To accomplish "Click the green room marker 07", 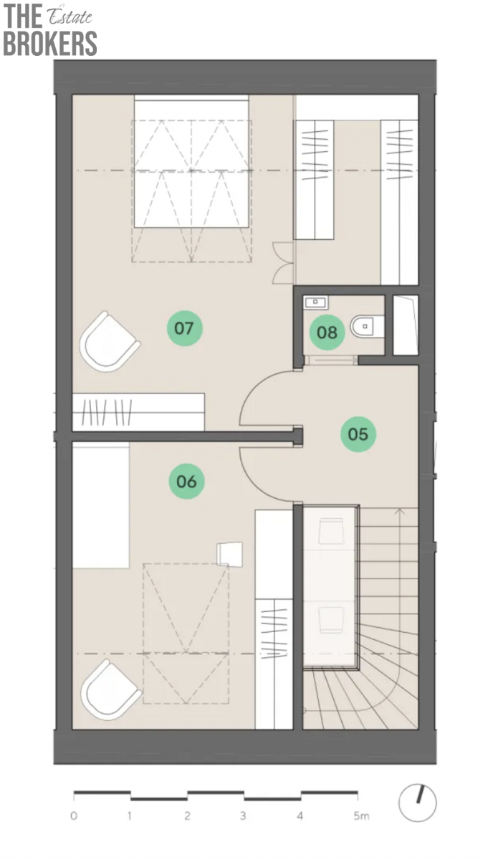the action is click(x=184, y=328).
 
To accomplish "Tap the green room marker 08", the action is click(x=327, y=333).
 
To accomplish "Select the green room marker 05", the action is click(x=358, y=434).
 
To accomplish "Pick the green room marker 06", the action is click(x=186, y=481).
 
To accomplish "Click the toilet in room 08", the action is click(x=367, y=326).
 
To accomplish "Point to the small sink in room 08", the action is click(x=315, y=302).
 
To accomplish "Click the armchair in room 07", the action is click(x=109, y=342).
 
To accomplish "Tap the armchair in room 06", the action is click(x=110, y=690).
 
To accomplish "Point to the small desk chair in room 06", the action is click(x=229, y=554).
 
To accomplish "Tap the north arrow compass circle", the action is click(x=417, y=803).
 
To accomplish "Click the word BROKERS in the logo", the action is click(x=50, y=43).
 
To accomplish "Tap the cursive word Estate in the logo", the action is click(x=70, y=16).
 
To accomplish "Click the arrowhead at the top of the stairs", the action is click(x=401, y=510).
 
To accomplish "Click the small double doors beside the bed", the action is click(x=283, y=263).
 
